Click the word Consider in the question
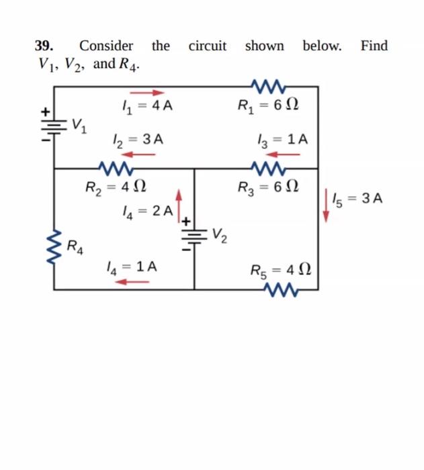[106, 46]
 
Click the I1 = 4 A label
[142, 106]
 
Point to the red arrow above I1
[147, 93]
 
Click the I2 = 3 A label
[137, 140]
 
